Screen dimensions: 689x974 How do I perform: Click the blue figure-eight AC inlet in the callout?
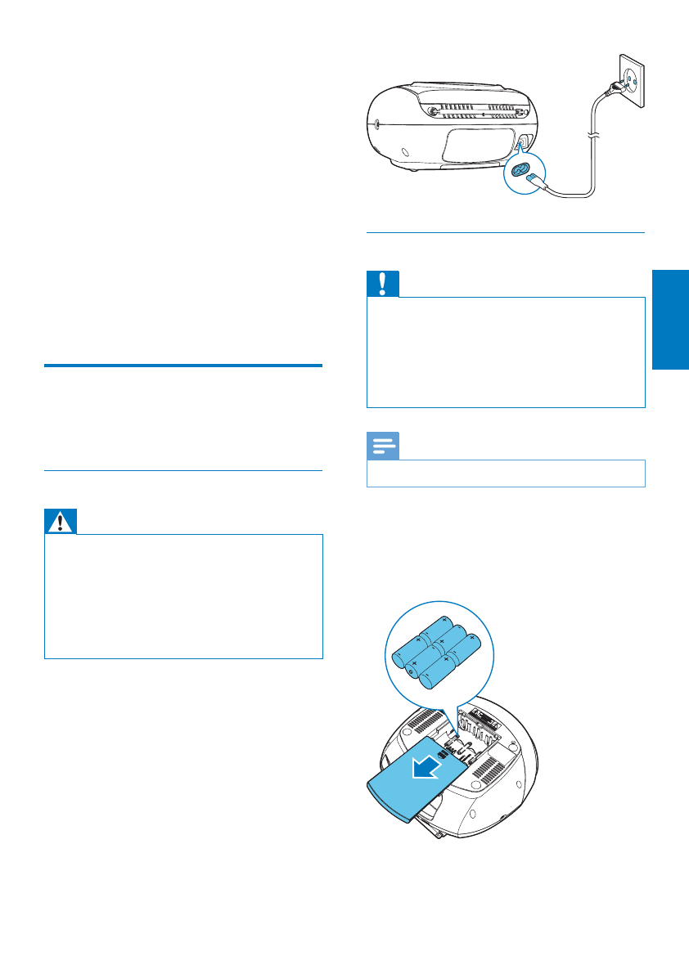point(518,169)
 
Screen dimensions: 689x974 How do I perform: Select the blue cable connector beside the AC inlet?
point(536,179)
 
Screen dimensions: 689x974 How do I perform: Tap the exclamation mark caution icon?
point(383,284)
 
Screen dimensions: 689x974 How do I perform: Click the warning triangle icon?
point(61,521)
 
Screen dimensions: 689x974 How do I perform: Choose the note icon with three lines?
point(383,446)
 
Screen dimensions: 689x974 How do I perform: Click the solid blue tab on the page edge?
point(671,320)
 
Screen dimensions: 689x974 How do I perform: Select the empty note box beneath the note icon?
point(506,473)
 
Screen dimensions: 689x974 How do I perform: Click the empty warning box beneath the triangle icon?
point(183,596)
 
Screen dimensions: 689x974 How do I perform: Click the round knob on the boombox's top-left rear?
point(430,111)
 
